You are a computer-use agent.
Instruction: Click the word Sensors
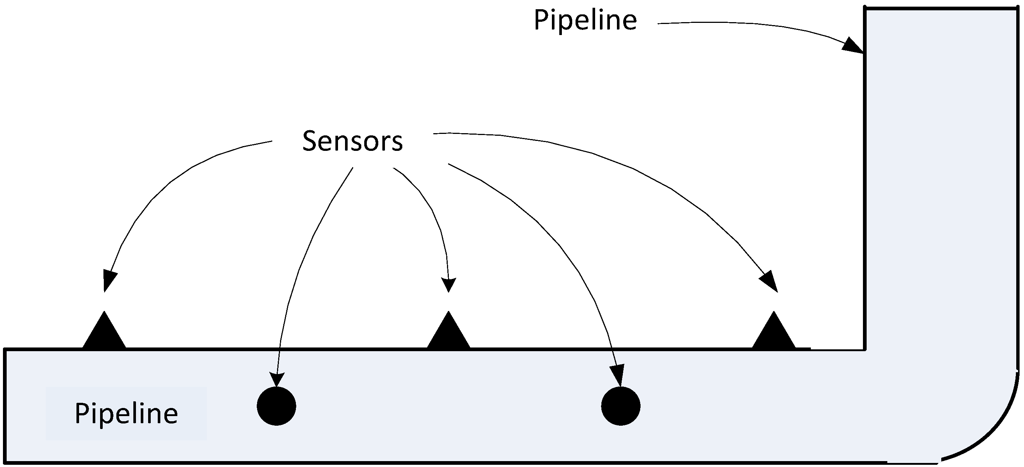tap(352, 141)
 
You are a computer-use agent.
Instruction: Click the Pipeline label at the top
tap(585, 21)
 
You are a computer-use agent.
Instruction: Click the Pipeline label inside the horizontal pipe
tap(126, 414)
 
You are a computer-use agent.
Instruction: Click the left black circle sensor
tap(276, 406)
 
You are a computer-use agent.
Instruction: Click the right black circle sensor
tap(621, 406)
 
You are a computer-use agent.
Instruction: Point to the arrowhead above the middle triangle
tap(448, 284)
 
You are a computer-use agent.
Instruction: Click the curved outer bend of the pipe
tap(994, 433)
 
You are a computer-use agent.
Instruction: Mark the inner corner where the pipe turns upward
tap(866, 349)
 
